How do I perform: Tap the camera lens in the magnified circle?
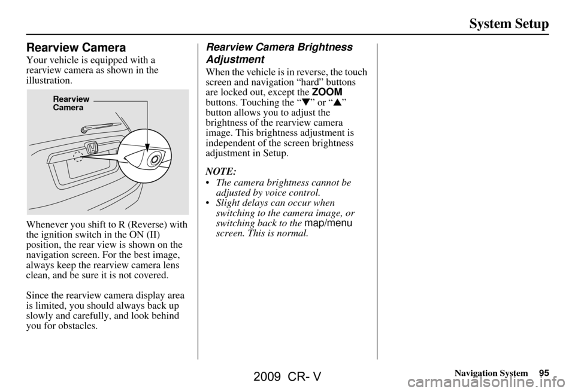click(155, 158)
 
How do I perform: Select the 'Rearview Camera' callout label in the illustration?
click(71, 103)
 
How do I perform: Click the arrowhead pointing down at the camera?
click(147, 145)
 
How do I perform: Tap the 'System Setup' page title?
click(509, 24)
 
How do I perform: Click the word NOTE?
click(220, 171)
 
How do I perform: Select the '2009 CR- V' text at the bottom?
click(287, 378)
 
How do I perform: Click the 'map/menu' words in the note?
click(328, 223)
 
